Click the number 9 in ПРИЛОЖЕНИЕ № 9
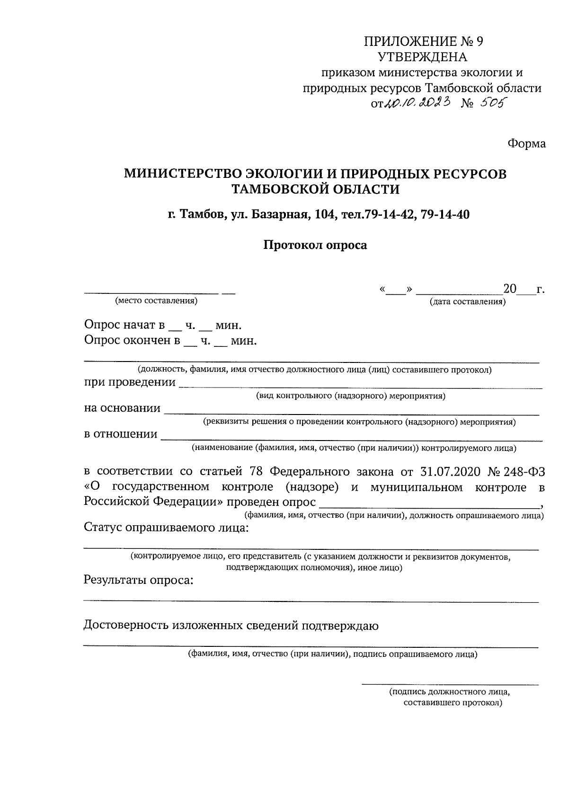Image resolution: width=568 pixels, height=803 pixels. (x=479, y=42)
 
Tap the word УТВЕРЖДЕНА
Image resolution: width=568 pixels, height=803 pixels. (x=422, y=57)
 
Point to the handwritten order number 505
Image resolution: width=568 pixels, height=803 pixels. (x=490, y=103)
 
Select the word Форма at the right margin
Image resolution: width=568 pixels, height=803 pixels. (x=526, y=143)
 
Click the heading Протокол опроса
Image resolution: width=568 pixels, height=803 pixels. (x=315, y=245)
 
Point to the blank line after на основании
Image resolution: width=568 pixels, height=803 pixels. (x=351, y=413)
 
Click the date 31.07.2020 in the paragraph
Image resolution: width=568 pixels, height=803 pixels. (x=450, y=472)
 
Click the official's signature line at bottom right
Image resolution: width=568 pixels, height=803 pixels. (x=450, y=684)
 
